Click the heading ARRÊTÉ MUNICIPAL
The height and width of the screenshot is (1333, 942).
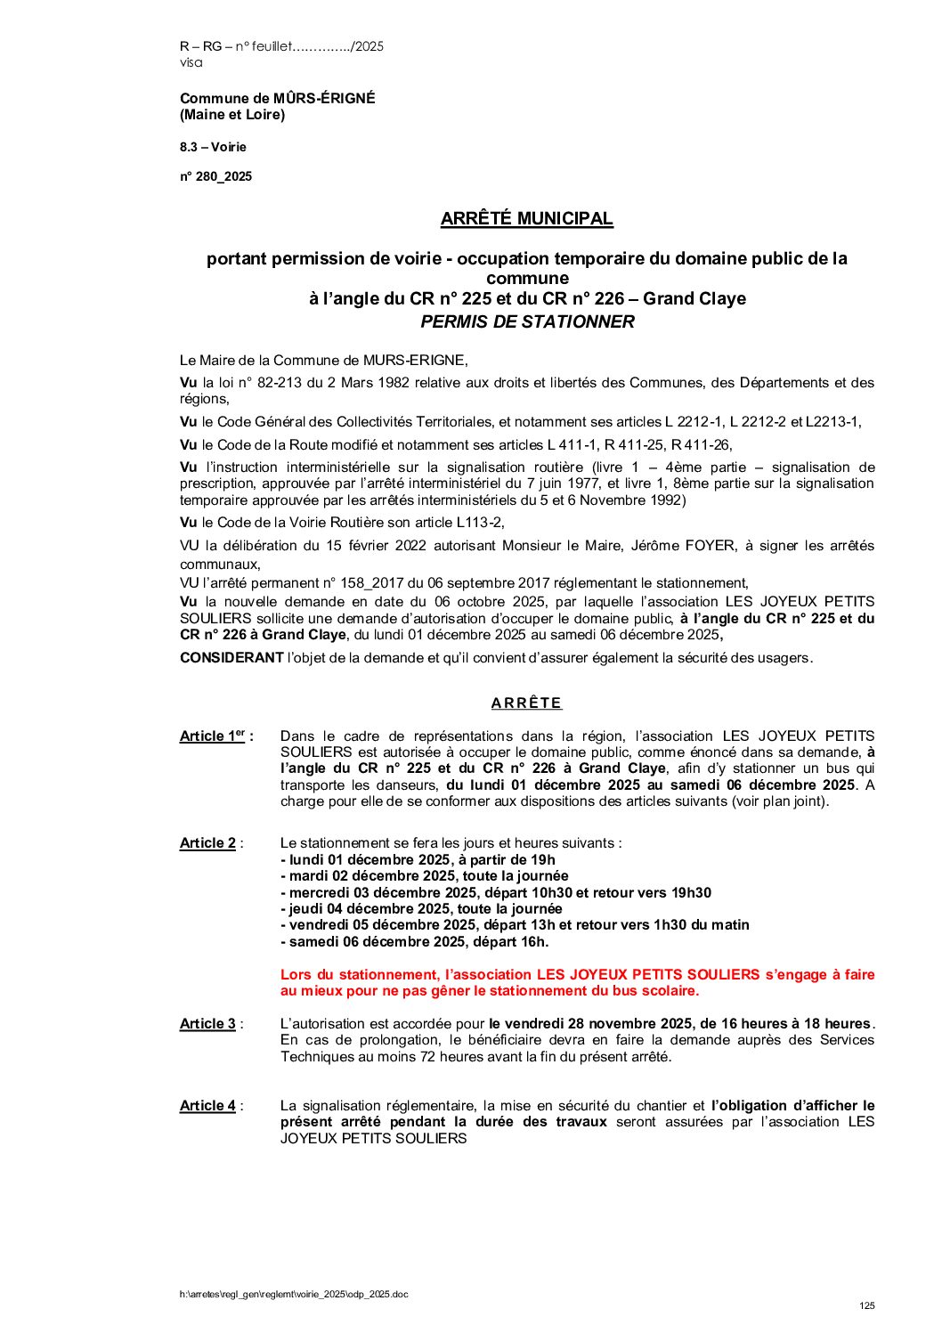click(526, 218)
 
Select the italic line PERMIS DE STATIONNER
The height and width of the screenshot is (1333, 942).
click(527, 321)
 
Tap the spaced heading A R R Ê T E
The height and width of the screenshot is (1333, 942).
click(526, 703)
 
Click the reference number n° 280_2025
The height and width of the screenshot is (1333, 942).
click(215, 176)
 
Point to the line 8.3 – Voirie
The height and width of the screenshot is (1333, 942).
click(213, 147)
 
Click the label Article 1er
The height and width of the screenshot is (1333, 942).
click(214, 736)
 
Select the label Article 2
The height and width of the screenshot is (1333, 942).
click(207, 842)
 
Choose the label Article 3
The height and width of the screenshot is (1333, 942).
click(207, 1023)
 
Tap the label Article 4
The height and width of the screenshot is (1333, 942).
click(207, 1105)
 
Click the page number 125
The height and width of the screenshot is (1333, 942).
click(866, 1305)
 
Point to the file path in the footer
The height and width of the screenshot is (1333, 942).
click(294, 1294)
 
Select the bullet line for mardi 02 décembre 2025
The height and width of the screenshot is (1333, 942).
click(424, 875)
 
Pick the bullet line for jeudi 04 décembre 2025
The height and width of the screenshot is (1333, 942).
click(421, 908)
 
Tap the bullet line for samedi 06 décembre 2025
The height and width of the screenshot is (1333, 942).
click(414, 941)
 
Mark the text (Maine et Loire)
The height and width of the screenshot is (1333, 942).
click(232, 114)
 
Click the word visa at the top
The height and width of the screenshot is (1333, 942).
click(191, 62)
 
